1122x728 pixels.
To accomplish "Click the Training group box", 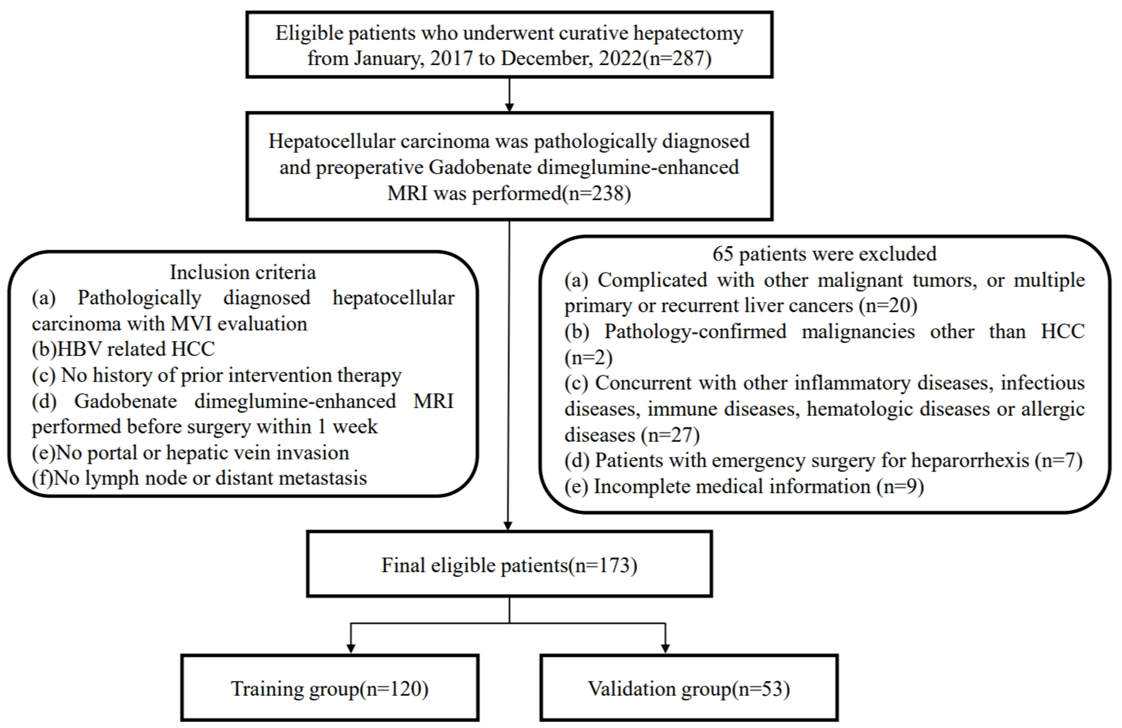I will pyautogui.click(x=330, y=688).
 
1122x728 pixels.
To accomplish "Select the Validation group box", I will pyautogui.click(x=689, y=688).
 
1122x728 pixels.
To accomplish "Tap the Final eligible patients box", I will pyautogui.click(x=509, y=565).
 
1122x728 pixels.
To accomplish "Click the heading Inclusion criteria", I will pyautogui.click(x=243, y=272).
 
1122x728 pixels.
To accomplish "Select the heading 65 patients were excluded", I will pyautogui.click(x=824, y=254).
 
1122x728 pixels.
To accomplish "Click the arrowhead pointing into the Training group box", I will pyautogui.click(x=351, y=648).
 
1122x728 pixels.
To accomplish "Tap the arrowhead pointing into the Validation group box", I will pyautogui.click(x=665, y=648).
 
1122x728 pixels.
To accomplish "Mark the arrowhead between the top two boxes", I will pyautogui.click(x=509, y=107).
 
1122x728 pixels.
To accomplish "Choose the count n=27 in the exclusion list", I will pyautogui.click(x=670, y=435).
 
